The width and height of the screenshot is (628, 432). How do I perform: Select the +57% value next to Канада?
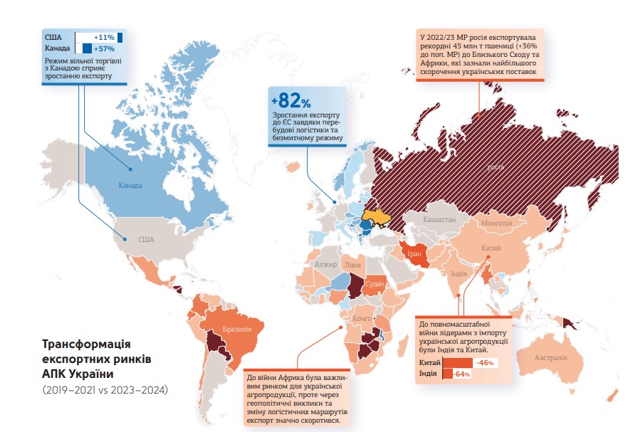pos(104,49)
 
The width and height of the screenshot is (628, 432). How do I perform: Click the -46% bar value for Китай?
pos(486,363)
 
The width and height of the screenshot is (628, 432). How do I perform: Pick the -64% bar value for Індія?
pos(461,374)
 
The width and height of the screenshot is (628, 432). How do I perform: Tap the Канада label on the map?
pos(130,186)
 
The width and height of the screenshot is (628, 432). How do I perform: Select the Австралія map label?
pos(550,357)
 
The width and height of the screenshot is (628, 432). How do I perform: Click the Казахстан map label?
pos(439,221)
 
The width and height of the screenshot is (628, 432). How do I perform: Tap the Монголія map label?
pos(496,223)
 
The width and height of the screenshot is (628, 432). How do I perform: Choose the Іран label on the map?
pos(414,253)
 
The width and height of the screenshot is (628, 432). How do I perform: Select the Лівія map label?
pos(352,264)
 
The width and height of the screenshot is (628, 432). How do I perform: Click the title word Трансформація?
pos(88,344)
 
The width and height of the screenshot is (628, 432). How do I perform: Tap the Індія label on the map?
pos(459,273)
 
